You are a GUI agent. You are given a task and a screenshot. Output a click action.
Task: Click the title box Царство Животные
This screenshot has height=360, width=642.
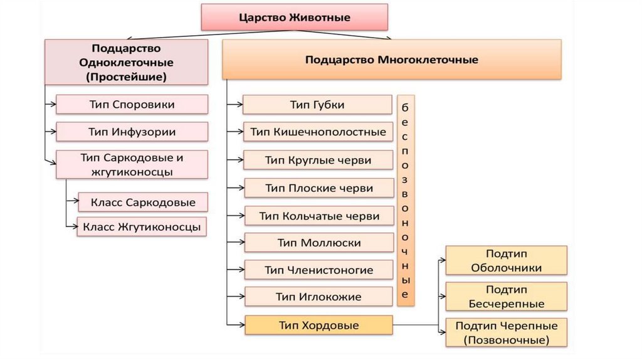coord(294,18)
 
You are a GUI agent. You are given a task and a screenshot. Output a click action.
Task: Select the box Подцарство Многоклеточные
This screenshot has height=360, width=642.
coord(391,60)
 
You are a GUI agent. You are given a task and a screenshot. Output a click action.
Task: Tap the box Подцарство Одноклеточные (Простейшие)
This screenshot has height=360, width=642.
coord(127,62)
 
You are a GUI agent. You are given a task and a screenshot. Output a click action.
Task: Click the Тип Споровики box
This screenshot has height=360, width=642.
coord(132,104)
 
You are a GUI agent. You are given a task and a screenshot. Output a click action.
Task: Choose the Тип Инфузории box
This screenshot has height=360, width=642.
coord(132,132)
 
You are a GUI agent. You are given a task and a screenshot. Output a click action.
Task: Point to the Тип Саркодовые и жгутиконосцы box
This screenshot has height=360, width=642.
coord(132,164)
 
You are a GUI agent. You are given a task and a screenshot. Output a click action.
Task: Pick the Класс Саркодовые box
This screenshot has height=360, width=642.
coord(143,202)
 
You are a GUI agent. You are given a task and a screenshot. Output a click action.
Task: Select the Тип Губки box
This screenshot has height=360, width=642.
coord(317,105)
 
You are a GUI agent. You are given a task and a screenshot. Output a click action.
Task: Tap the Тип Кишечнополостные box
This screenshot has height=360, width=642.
coord(317,132)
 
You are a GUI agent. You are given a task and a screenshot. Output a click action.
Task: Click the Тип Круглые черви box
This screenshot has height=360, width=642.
coord(318,160)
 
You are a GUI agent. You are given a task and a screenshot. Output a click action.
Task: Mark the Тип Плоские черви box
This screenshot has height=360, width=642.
coord(318,188)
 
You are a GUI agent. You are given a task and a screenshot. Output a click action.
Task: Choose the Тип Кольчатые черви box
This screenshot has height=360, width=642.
coord(318,216)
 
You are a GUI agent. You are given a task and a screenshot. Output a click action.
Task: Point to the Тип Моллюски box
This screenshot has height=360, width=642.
coord(318,243)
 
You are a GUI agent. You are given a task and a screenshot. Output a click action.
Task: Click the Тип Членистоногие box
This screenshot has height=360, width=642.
coord(318,270)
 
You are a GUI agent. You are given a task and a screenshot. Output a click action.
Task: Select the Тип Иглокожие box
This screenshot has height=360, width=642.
coord(318,297)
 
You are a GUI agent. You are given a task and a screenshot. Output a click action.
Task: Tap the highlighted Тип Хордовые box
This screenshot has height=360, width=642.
coord(318,325)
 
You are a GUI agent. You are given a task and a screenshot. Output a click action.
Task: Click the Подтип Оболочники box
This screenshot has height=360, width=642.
coord(506,260)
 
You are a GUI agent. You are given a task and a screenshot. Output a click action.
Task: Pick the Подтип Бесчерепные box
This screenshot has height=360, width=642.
coord(506,297)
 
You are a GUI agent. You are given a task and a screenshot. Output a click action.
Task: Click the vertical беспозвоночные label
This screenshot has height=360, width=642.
coord(406,200)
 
